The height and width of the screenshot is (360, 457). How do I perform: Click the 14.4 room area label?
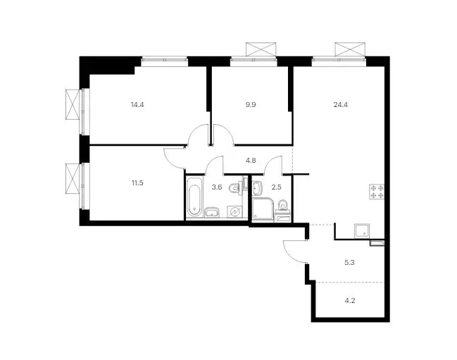pos(137,105)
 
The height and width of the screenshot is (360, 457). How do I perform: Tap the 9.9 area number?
pos(251,105)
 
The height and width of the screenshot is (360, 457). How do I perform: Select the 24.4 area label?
pos(340,105)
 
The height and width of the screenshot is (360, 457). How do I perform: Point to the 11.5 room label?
pos(137,183)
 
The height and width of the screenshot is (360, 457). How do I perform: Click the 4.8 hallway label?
pos(251,161)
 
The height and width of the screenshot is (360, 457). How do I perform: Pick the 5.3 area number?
pos(349,262)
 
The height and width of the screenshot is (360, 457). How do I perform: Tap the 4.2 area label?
pos(350,301)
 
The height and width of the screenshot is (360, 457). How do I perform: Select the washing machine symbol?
pos(234,211)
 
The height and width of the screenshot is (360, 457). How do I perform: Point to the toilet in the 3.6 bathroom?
pos(235,188)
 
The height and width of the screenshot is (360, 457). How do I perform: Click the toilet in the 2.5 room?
pos(282,206)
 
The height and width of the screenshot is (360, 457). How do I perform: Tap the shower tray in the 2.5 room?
pos(263,209)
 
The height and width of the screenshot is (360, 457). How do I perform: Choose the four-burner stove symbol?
pos(377,192)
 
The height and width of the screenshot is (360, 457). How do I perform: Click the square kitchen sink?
pos(362,230)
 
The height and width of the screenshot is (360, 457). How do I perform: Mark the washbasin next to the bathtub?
pos(212,213)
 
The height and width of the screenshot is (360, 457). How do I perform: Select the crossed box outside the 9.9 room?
pos(261,49)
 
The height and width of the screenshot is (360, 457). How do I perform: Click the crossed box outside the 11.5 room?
pos(73,178)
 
